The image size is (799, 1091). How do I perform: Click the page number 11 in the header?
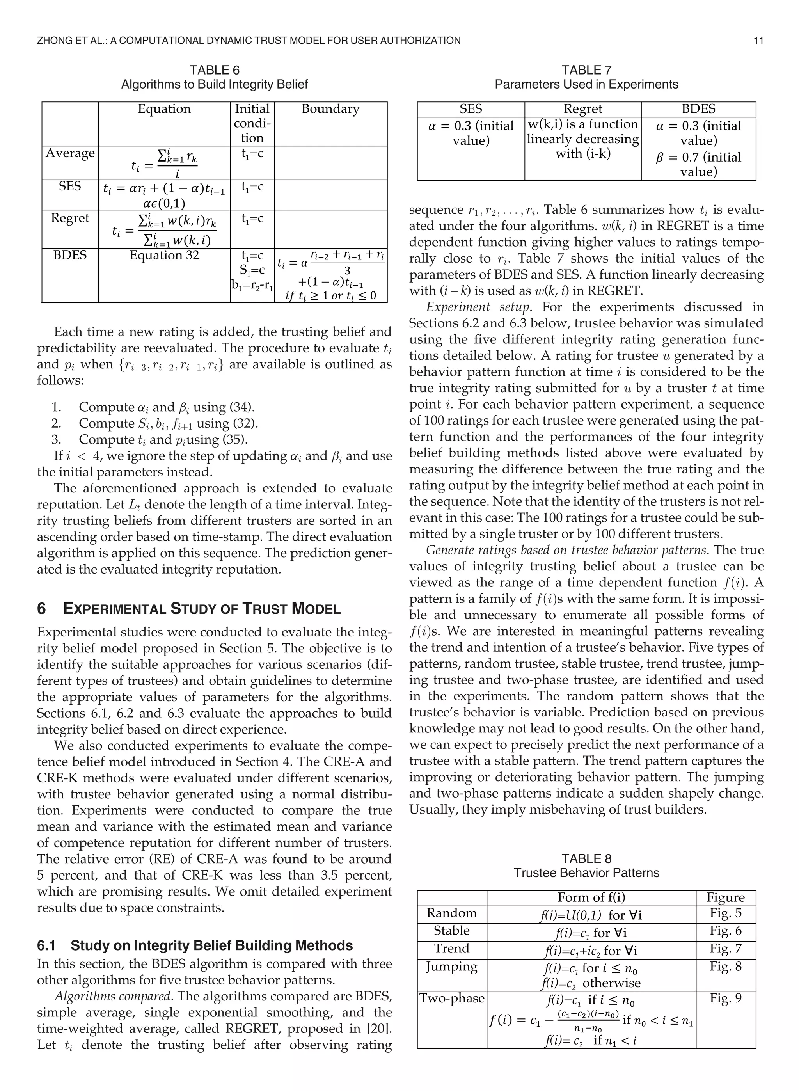tap(758, 41)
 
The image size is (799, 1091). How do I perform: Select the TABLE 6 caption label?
tap(214, 70)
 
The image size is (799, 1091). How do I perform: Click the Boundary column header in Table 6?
tap(330, 109)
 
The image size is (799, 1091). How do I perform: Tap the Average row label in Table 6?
tap(70, 153)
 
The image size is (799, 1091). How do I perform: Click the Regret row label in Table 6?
tap(70, 218)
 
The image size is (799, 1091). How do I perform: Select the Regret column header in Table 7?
tap(583, 109)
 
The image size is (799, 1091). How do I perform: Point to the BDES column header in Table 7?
tap(698, 109)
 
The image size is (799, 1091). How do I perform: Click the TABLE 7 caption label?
tap(586, 70)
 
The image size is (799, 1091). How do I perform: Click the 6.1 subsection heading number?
tap(46, 945)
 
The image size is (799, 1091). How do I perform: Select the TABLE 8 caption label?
tap(586, 859)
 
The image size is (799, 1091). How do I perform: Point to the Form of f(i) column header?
tap(591, 897)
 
